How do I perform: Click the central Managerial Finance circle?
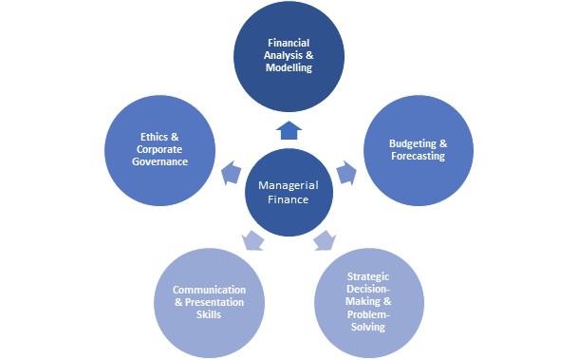[289, 194]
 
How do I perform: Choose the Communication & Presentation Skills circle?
[209, 302]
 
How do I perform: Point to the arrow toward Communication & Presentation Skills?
[253, 240]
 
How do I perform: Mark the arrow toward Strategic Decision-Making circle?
[325, 240]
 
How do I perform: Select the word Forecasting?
[418, 157]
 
